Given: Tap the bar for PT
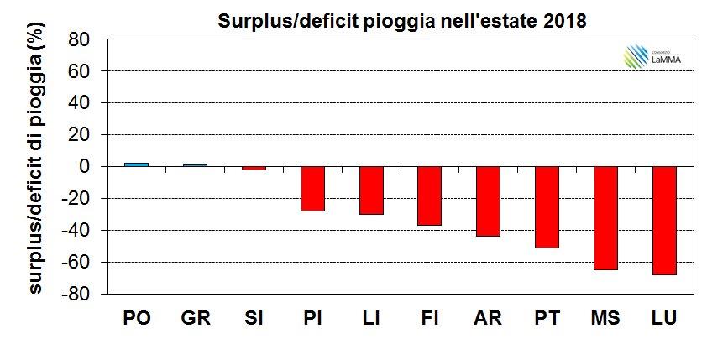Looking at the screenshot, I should (x=547, y=207).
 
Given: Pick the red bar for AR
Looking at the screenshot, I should (x=488, y=201).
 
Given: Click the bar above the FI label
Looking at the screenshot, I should (x=429, y=196).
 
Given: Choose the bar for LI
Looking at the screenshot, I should (x=371, y=190).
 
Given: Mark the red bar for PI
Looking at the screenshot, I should (x=312, y=189).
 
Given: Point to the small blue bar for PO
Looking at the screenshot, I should (x=136, y=164).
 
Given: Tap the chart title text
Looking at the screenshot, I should (x=395, y=19).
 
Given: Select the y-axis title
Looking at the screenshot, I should (x=35, y=167).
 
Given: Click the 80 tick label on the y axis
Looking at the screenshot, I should (x=79, y=39).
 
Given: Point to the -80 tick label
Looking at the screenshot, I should (x=76, y=295).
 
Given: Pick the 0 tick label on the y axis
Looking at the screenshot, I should (x=84, y=167).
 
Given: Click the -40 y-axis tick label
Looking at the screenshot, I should (x=76, y=231).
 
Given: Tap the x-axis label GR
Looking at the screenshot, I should (x=195, y=320).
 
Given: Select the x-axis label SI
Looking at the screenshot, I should (x=254, y=320).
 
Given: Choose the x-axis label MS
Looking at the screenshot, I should (x=605, y=320).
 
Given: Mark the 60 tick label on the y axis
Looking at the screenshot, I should (x=79, y=71).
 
